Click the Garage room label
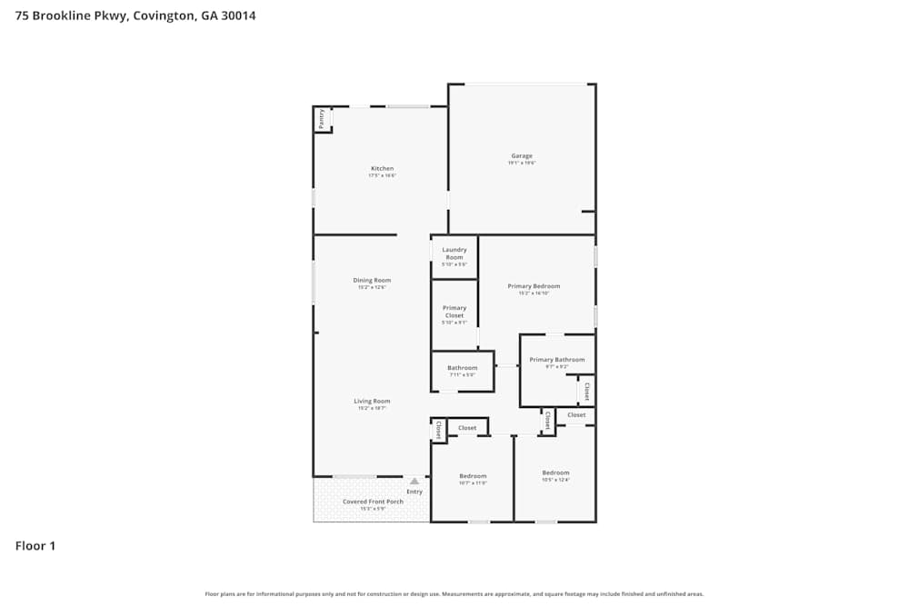522,156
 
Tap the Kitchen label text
382,169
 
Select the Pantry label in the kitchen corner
321,118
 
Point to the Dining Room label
372,281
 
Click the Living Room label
372,402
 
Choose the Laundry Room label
454,253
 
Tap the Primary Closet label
454,312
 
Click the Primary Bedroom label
534,286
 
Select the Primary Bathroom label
556,360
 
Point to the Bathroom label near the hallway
462,368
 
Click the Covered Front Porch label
373,502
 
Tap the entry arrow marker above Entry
415,482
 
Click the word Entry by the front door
415,492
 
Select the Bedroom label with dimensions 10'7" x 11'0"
473,476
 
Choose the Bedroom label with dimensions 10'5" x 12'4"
555,472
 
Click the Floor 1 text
35,546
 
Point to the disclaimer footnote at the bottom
454,594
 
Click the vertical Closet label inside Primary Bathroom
586,392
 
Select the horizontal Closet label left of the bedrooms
467,428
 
